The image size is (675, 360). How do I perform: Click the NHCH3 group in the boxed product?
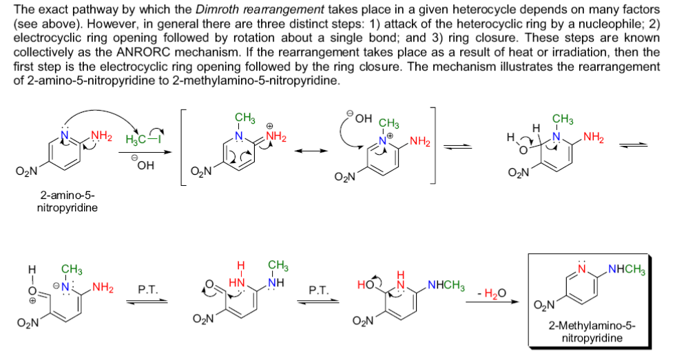pos(627,270)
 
